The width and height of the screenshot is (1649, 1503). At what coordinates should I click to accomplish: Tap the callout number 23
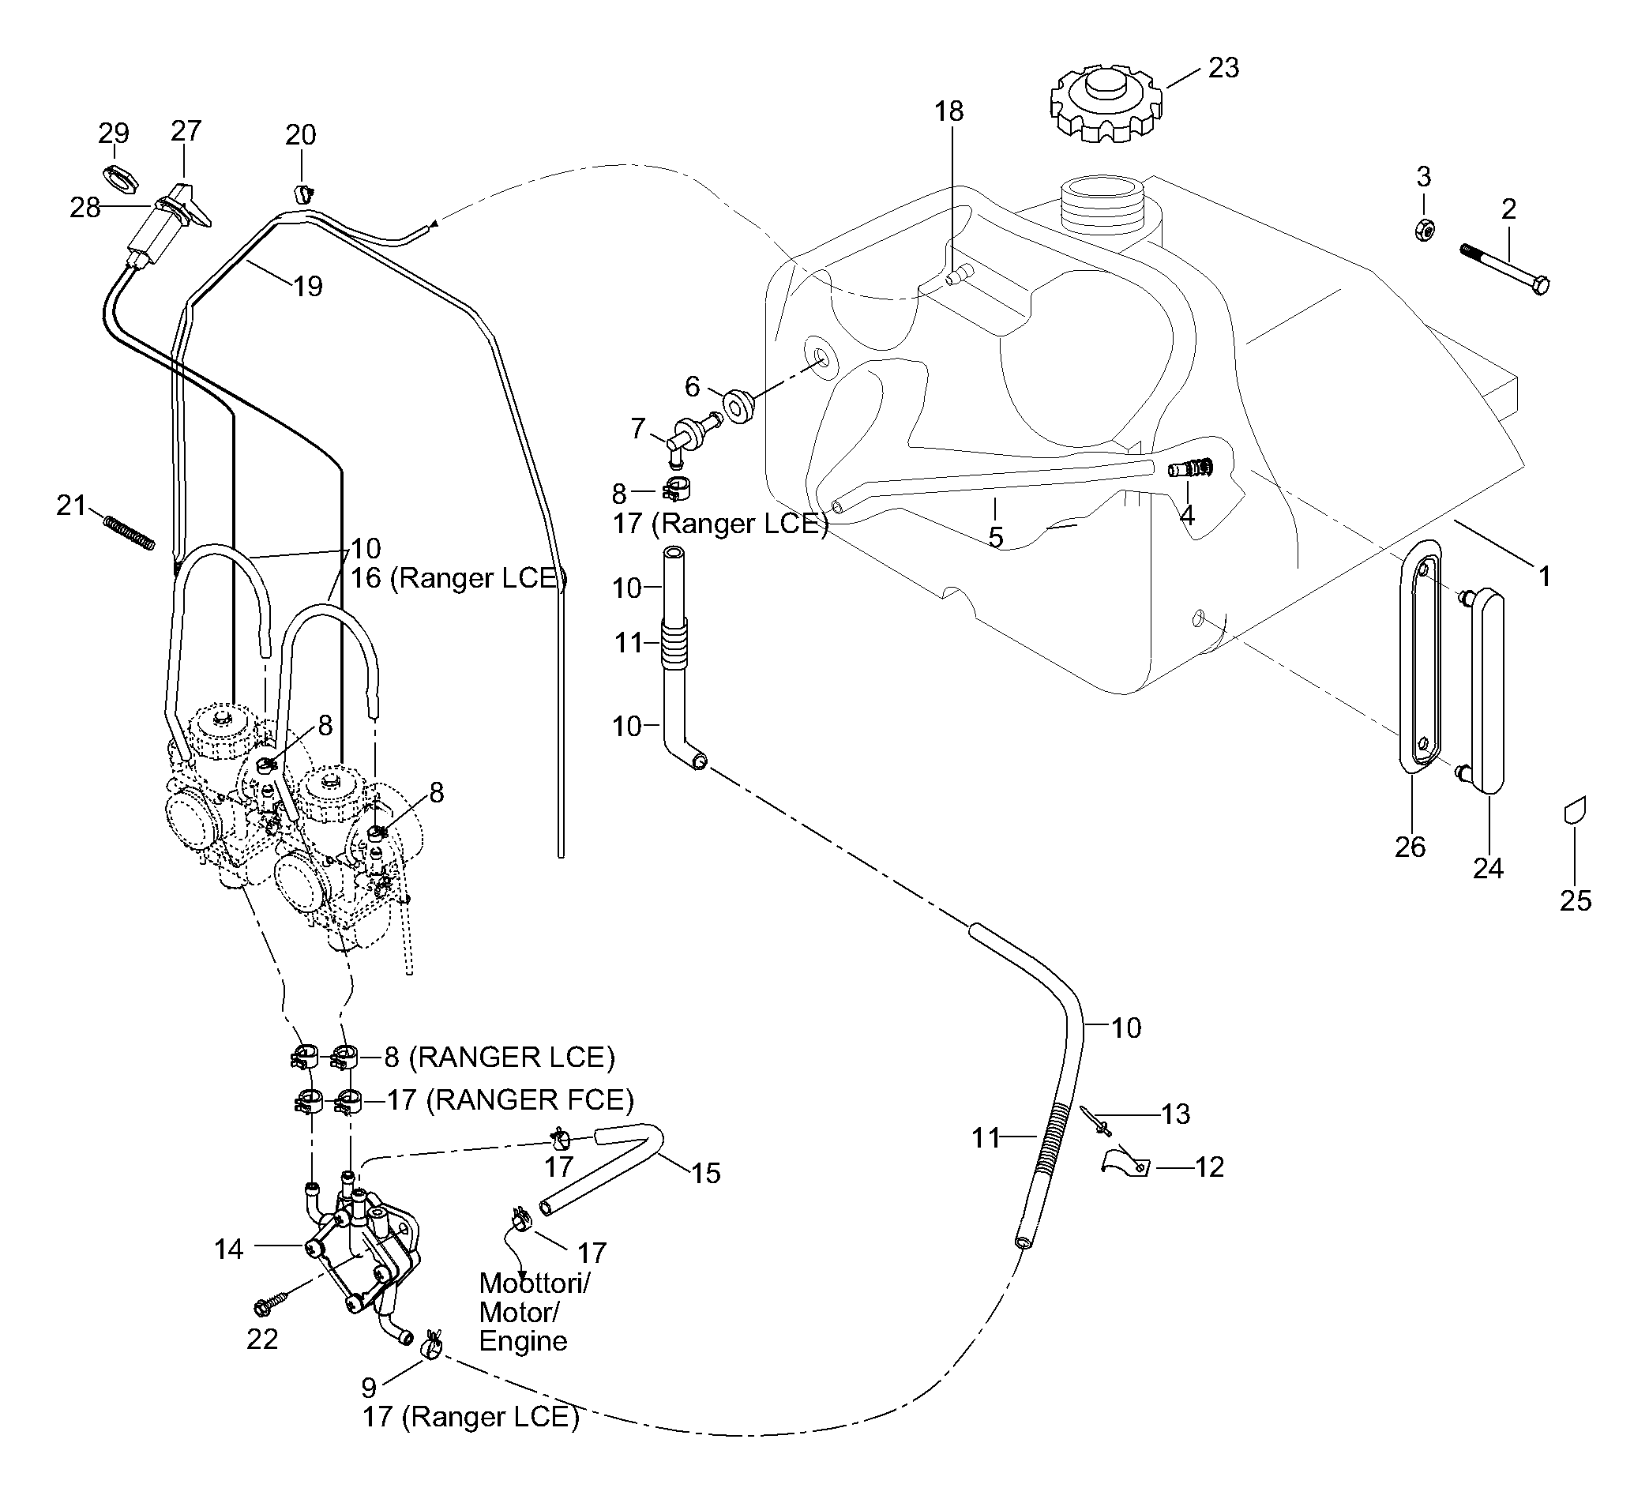click(x=1223, y=68)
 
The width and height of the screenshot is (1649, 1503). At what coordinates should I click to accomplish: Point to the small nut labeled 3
click(x=1424, y=231)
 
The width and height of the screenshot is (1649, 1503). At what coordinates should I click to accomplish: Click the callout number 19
click(x=308, y=287)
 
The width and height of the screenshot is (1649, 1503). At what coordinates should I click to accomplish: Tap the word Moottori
click(x=533, y=1283)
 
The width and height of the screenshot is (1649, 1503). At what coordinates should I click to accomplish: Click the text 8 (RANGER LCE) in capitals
click(x=499, y=1057)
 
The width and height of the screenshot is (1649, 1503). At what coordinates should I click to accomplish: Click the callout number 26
click(x=1410, y=847)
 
